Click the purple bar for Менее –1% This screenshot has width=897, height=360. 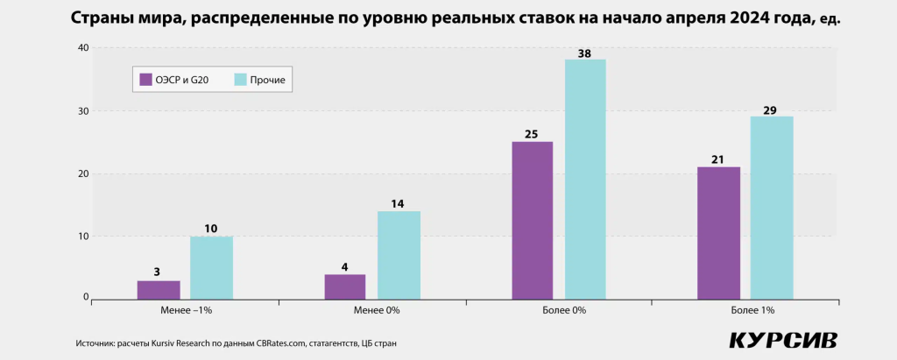pyautogui.click(x=159, y=290)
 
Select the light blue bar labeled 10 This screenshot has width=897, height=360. pyautogui.click(x=211, y=268)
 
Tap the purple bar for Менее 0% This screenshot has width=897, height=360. pyautogui.click(x=345, y=287)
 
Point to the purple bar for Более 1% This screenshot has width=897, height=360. pyautogui.click(x=718, y=233)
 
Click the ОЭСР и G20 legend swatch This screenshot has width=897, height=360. pyautogui.click(x=146, y=80)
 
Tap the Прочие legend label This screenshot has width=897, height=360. pyautogui.click(x=267, y=81)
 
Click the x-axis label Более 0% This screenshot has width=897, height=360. pyautogui.click(x=559, y=310)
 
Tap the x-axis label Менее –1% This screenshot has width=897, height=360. pyautogui.click(x=187, y=310)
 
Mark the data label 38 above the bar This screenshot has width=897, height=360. pyautogui.click(x=584, y=53)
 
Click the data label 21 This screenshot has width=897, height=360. pyautogui.click(x=718, y=159)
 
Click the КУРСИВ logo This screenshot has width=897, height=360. pyautogui.click(x=783, y=340)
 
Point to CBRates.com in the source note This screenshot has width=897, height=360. pyautogui.click(x=280, y=342)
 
